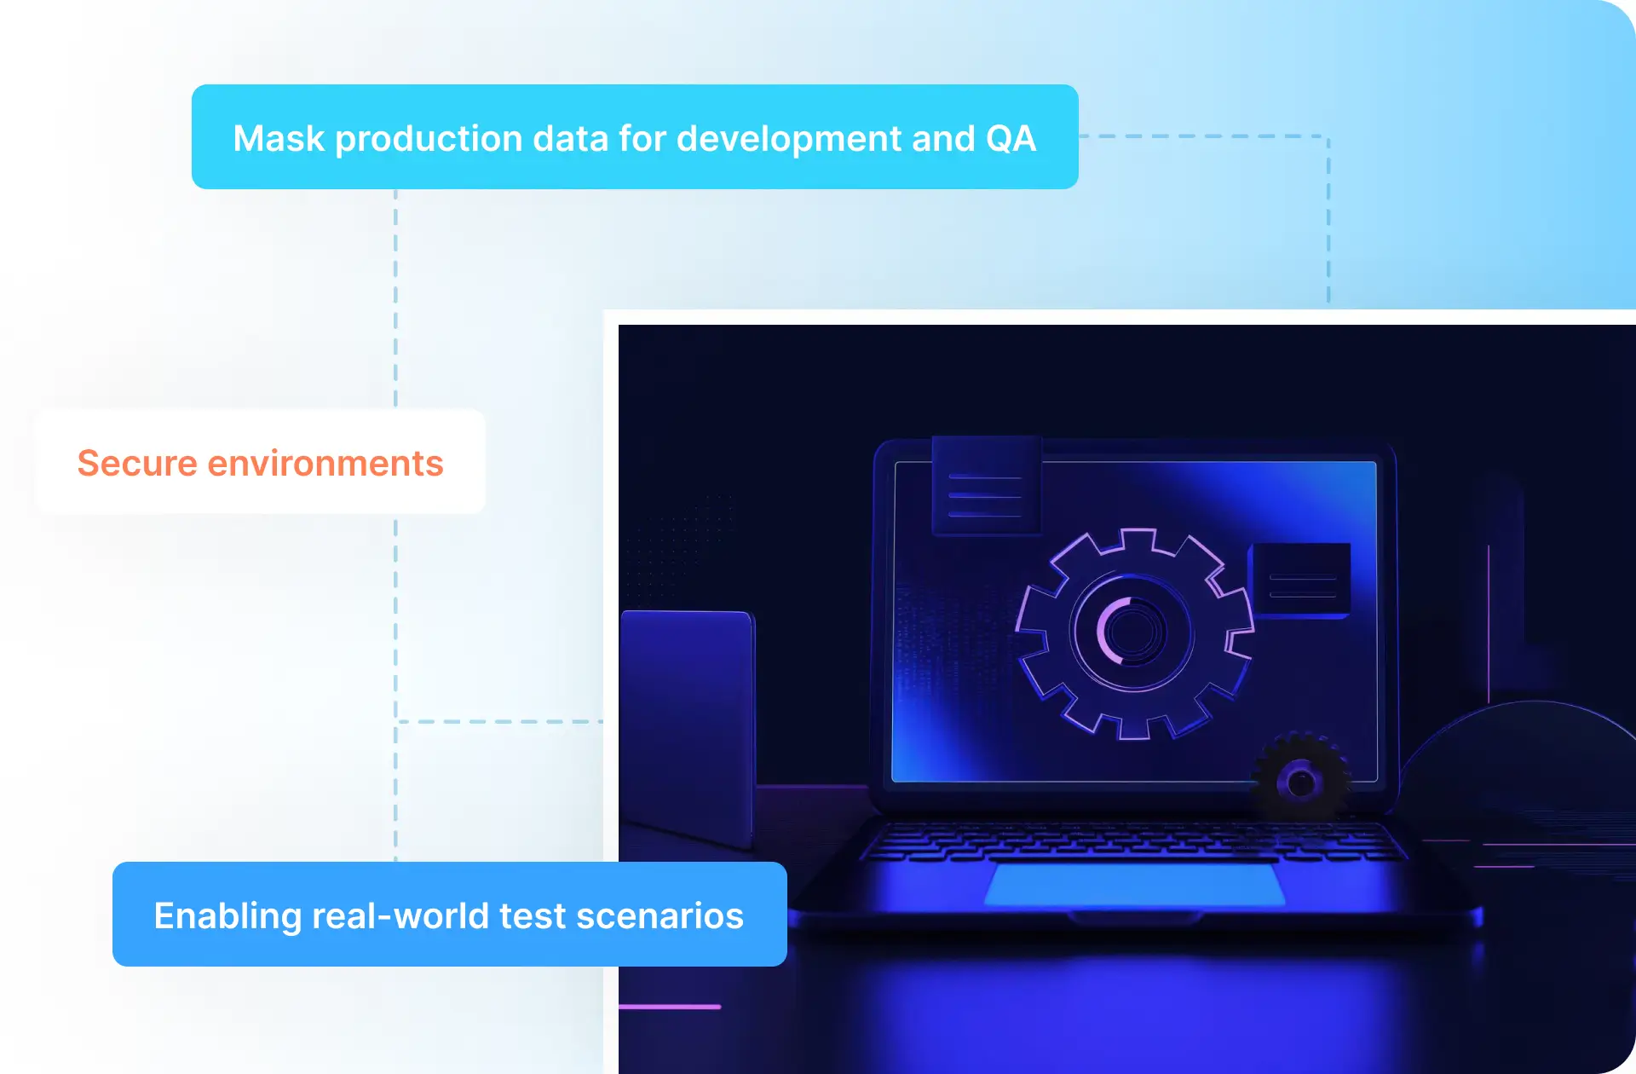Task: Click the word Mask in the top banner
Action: click(x=279, y=138)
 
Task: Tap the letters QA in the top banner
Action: click(x=1011, y=138)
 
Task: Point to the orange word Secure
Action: click(x=137, y=463)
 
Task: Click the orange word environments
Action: click(x=325, y=463)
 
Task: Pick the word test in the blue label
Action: click(x=533, y=916)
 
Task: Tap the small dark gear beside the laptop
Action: click(x=1299, y=779)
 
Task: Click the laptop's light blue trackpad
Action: click(x=1135, y=884)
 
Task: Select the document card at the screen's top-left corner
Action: click(x=986, y=485)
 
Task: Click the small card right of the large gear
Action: click(x=1300, y=580)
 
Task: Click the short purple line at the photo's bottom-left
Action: click(x=670, y=1007)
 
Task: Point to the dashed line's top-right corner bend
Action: click(x=1328, y=136)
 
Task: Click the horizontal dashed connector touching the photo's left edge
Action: click(x=500, y=721)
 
